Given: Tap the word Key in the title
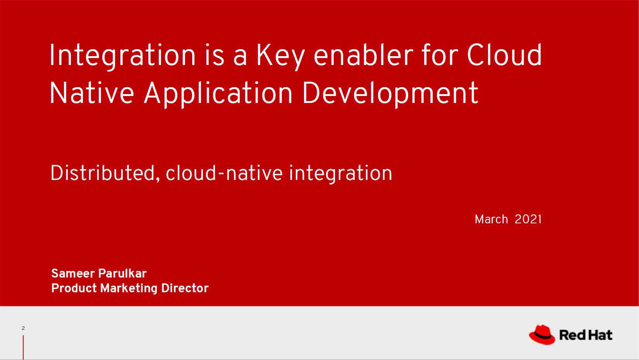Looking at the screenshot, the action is tap(280, 56).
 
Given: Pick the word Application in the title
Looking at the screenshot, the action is tap(218, 94).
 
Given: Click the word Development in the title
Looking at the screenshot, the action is tap(390, 94).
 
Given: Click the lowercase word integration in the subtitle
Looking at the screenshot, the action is tap(341, 174).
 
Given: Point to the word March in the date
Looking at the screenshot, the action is tap(491, 219).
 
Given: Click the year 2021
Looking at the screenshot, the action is tap(528, 219).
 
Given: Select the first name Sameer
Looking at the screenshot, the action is tap(73, 274).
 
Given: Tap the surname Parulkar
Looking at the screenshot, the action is tap(122, 274).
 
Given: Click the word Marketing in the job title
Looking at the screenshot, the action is tap(129, 288).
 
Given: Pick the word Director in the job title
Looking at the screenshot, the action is tap(185, 288).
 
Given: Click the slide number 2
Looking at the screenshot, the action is tap(23, 328).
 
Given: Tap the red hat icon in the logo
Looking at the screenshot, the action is tap(542, 334).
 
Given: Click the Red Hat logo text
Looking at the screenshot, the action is tap(586, 335).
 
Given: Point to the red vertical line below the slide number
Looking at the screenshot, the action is tap(23, 348).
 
